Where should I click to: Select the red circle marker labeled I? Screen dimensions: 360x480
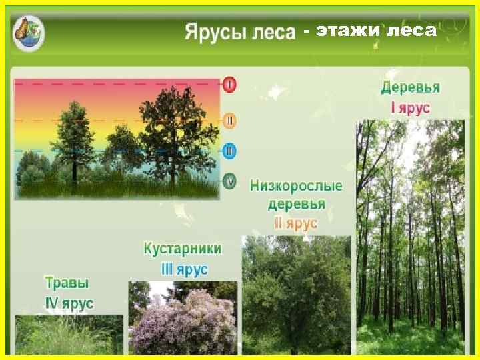230,85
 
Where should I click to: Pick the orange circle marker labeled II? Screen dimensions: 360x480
230,121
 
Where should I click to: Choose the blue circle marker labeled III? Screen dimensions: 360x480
230,151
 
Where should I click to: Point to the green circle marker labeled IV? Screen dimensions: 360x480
230,181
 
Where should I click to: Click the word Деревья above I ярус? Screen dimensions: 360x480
411,87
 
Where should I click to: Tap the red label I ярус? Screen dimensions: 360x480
410,107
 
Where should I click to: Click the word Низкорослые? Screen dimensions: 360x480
296,185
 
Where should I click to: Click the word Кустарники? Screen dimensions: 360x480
183,249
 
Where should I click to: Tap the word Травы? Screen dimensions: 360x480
67,283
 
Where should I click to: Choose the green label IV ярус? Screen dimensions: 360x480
69,303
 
